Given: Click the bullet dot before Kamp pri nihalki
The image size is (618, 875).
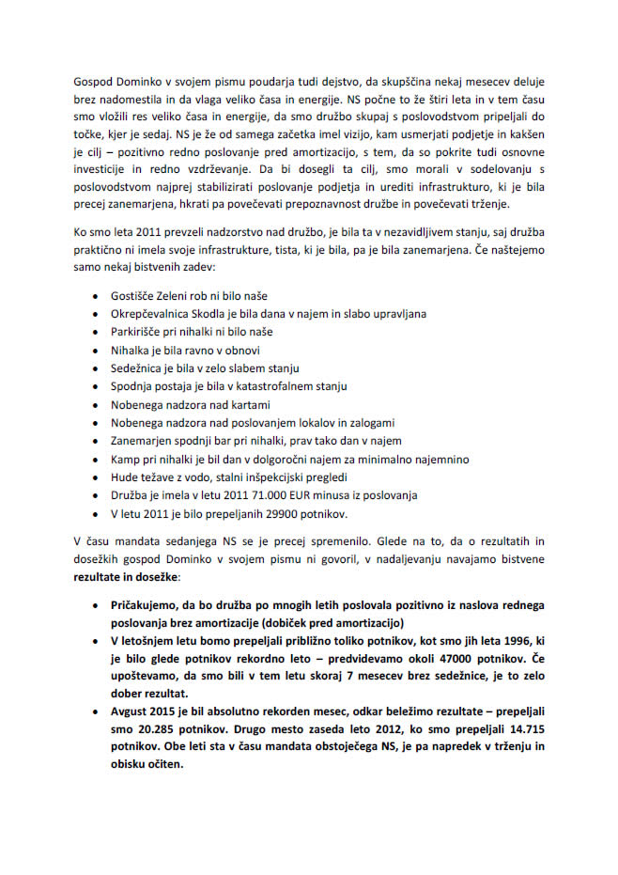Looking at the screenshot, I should (x=98, y=459).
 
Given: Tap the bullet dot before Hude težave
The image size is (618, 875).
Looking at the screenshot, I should (x=98, y=477).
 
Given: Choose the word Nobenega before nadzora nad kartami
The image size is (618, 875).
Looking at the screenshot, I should (x=139, y=404).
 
